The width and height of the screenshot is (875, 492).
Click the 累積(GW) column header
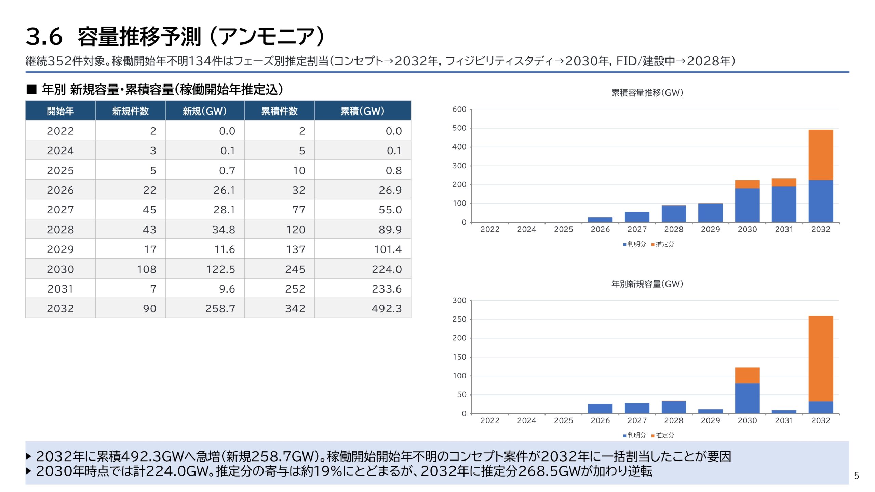point(362,111)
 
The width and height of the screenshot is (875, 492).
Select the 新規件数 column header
point(130,111)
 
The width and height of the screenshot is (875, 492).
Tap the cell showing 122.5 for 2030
point(220,269)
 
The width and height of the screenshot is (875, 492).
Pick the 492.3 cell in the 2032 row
point(387,309)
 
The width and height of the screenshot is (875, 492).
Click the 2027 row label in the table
point(60,210)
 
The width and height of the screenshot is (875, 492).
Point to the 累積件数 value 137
point(296,249)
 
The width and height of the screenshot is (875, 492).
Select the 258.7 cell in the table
point(220,309)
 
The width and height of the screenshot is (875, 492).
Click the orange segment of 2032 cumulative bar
point(820,155)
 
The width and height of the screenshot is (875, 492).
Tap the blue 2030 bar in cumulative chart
point(747,205)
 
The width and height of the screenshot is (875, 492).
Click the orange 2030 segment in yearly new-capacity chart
point(747,375)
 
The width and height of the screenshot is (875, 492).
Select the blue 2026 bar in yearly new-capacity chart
point(600,409)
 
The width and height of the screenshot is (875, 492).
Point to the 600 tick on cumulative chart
point(459,109)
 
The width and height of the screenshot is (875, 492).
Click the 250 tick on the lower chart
point(459,319)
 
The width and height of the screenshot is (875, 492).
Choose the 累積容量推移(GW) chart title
point(647,93)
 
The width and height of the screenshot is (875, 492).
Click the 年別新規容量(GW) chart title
point(647,284)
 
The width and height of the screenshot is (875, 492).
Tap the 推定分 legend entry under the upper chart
point(664,244)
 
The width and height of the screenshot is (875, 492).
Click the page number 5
point(856,476)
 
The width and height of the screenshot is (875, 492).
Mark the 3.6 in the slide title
point(44,37)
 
